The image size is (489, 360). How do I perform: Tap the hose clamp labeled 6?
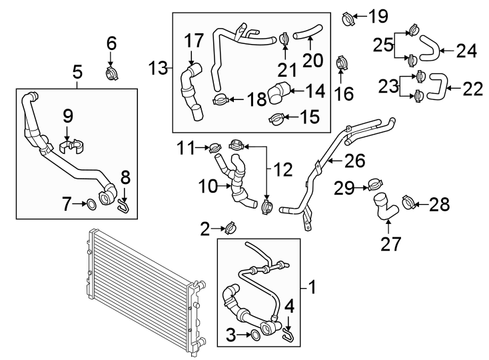pos(112,71)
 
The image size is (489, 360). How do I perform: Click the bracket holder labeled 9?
pos(72,145)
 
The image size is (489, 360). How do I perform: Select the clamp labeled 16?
pos(341,64)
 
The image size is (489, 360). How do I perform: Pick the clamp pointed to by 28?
pos(410,201)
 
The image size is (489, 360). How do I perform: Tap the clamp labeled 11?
pos(216,146)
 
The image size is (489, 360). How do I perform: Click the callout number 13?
pos(157,68)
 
